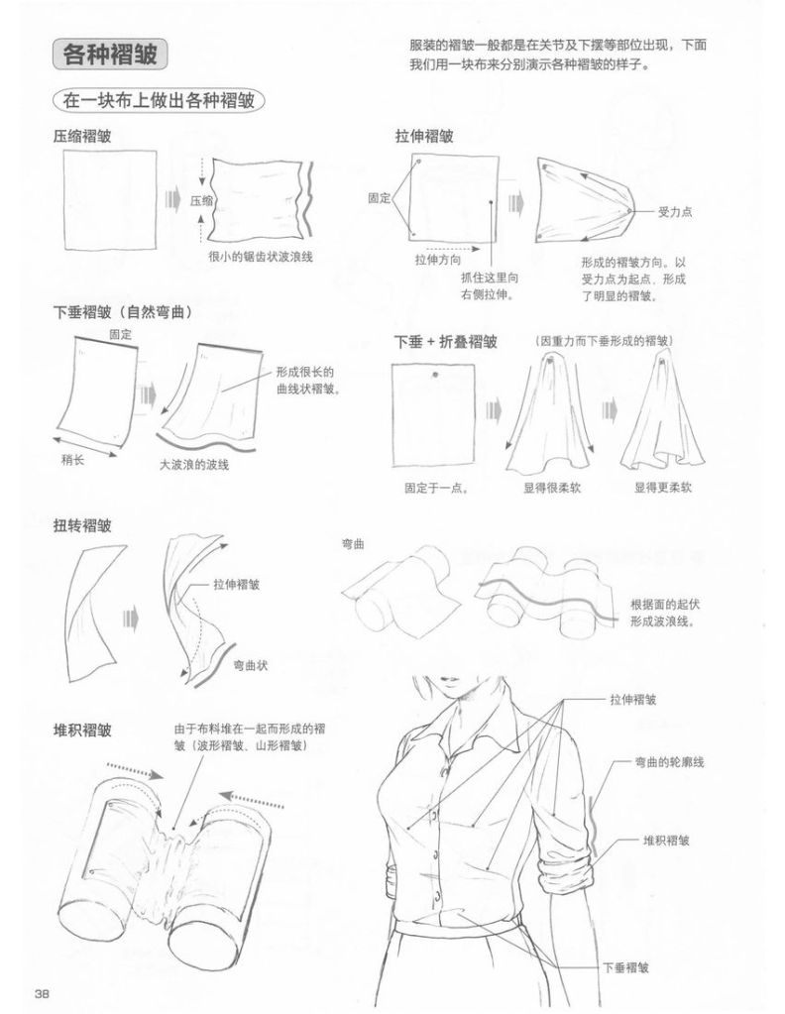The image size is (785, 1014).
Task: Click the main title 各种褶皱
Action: pos(109,55)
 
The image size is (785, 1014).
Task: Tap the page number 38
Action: pos(42,993)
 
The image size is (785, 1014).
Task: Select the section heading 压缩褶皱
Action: pos(82,137)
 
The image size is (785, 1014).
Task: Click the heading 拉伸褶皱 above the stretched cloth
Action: pos(424,137)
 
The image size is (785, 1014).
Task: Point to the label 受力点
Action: pos(674,211)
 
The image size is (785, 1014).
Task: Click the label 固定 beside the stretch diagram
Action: pos(380,198)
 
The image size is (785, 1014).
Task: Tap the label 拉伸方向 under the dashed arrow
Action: pos(438,260)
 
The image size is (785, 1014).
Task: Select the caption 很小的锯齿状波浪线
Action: pos(261,257)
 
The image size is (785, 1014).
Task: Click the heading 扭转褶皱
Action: pos(82,525)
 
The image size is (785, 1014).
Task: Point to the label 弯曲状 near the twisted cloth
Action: pos(250,665)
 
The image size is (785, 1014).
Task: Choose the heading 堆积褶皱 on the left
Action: pos(82,731)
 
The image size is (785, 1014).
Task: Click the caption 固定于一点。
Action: pos(436,488)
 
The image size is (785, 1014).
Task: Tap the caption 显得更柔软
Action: pos(663,487)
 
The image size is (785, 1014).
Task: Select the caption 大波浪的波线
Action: pos(194,464)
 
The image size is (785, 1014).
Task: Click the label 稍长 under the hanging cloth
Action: pos(72,460)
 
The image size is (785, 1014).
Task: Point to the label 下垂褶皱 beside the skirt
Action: pos(626,968)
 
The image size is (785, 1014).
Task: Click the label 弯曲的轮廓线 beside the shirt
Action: pos(669,762)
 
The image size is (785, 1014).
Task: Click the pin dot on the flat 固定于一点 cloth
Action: pos(435,374)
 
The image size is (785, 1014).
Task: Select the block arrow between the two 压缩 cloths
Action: pos(172,199)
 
